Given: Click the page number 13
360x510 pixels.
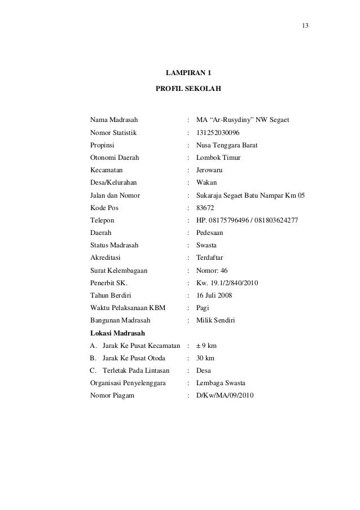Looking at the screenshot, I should click(x=305, y=27).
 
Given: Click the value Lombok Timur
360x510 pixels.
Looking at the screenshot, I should click(x=218, y=158).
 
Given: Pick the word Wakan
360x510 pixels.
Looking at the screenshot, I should click(x=206, y=182).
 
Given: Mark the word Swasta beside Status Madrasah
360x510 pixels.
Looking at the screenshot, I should click(x=207, y=245).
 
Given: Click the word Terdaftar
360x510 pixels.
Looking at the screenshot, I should click(x=211, y=258).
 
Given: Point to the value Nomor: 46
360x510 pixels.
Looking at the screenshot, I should click(x=212, y=270).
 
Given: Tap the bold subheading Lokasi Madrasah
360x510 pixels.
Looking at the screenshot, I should click(x=117, y=333).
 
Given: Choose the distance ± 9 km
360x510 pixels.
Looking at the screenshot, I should click(x=207, y=346).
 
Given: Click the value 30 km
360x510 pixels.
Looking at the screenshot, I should click(x=205, y=358).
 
